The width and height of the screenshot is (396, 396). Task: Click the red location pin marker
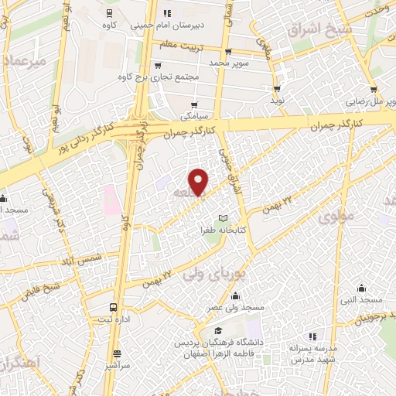coord(200,183)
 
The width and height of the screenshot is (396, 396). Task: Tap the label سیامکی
coord(193,118)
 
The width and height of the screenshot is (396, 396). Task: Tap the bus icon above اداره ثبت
coord(114,306)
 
